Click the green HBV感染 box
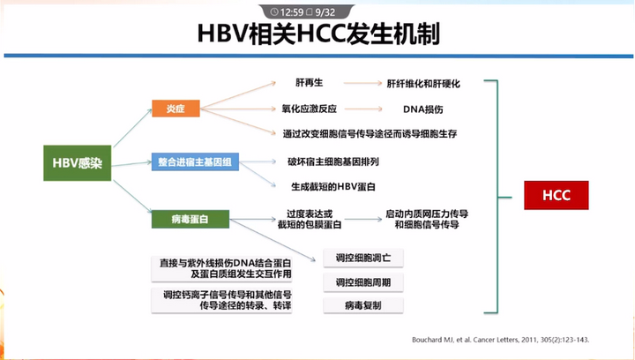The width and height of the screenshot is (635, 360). [77, 162]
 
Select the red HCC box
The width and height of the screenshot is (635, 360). [557, 195]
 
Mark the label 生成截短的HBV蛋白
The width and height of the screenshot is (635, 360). [333, 188]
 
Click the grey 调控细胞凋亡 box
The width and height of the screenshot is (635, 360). [363, 259]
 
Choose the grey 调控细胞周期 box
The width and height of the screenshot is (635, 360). [363, 282]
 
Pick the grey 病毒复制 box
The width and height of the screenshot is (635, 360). [363, 305]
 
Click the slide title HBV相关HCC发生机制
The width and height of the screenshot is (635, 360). [318, 35]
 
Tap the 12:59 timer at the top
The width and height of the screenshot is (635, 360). [292, 11]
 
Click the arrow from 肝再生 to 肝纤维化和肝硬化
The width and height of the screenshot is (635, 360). [354, 84]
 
